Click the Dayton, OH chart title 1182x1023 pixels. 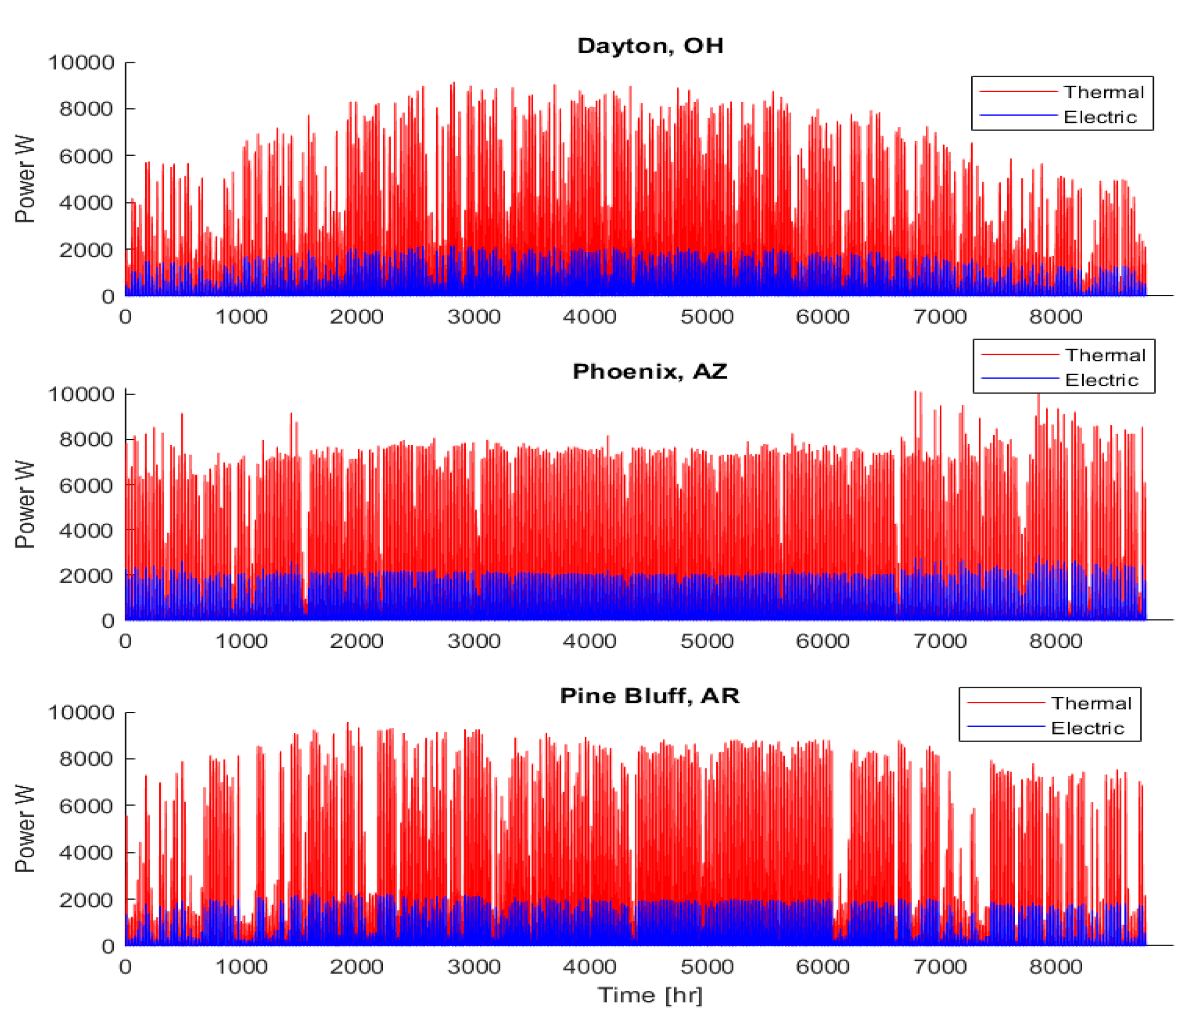click(x=650, y=46)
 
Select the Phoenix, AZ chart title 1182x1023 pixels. click(x=650, y=372)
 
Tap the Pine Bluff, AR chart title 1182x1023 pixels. click(x=650, y=696)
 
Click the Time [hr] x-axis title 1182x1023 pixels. click(x=650, y=995)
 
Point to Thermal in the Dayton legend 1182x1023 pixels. click(x=1103, y=92)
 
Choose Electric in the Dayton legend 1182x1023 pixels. click(x=1100, y=117)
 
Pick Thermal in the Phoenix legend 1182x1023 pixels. click(x=1105, y=355)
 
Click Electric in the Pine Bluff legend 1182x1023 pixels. click(x=1087, y=728)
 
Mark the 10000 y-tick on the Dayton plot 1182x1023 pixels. click(x=81, y=62)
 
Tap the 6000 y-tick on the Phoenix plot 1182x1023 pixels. click(x=87, y=485)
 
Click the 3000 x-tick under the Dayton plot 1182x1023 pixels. click(x=473, y=316)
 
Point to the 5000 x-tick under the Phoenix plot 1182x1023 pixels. click(x=707, y=641)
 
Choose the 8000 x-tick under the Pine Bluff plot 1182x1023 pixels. click(x=1055, y=966)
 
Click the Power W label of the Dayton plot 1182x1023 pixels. click(x=25, y=179)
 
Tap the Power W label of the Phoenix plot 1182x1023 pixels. click(x=25, y=504)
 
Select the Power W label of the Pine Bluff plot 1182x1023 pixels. click(x=25, y=829)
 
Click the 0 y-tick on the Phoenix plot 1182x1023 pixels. click(x=108, y=621)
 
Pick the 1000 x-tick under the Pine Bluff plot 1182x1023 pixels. click(x=241, y=966)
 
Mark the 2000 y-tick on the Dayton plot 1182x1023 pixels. click(x=87, y=249)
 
